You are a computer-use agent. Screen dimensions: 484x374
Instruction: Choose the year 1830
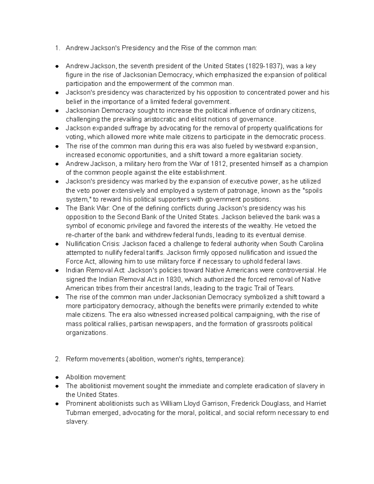coord(174,279)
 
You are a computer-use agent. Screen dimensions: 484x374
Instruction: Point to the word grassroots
coord(272,324)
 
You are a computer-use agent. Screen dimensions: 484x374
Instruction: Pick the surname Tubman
coord(77,413)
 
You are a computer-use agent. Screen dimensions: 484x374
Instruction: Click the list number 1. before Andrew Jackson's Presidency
coord(57,48)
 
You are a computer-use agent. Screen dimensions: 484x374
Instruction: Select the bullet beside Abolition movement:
coord(57,377)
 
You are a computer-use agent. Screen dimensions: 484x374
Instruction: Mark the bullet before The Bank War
coord(57,208)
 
